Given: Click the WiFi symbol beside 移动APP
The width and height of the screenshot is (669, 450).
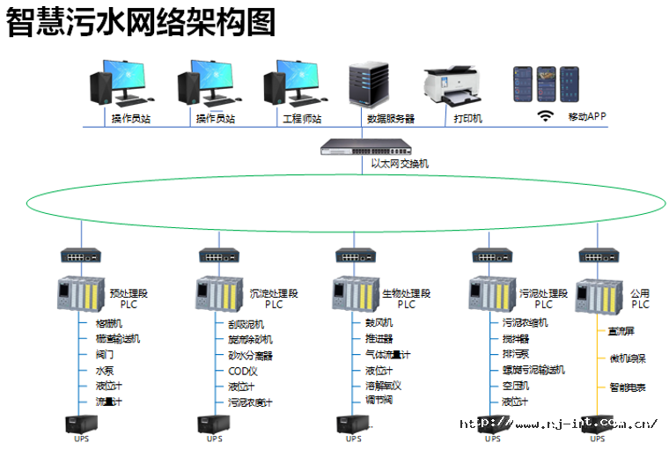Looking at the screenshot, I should tap(546, 115).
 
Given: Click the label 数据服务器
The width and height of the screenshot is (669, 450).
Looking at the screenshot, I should tap(390, 118).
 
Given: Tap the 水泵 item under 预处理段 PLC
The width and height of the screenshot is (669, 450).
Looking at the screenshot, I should tap(105, 371).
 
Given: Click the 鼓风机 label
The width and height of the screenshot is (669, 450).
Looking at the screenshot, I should tap(379, 323).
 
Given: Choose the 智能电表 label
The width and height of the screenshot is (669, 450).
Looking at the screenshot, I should tap(627, 387).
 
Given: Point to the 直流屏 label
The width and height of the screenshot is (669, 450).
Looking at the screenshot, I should tap(621, 332).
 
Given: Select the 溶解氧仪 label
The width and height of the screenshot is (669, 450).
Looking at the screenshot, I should tap(384, 386).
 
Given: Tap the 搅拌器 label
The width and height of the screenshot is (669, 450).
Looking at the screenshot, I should tap(516, 338).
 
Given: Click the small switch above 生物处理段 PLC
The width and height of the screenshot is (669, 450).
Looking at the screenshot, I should tap(357, 255).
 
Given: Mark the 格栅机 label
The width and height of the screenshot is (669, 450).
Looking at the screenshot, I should tap(109, 323).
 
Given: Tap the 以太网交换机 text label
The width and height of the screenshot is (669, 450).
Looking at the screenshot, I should tap(400, 164).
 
